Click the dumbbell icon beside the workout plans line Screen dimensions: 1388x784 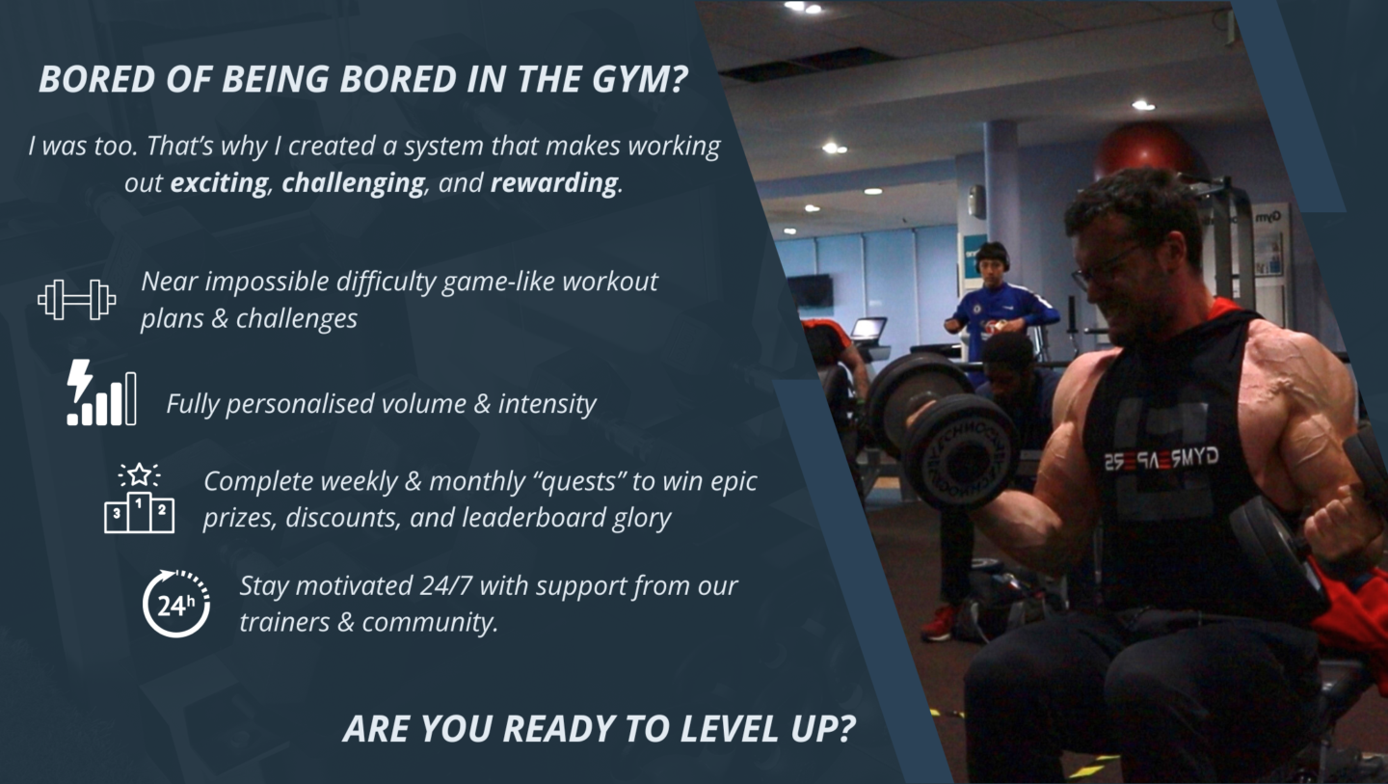(77, 300)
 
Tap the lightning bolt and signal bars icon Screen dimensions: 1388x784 (101, 392)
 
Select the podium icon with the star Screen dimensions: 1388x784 (140, 499)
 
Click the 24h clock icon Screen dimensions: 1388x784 (176, 604)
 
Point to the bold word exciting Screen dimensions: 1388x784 (220, 183)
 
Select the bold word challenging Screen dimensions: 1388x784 (353, 183)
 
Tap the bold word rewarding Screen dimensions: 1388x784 (554, 183)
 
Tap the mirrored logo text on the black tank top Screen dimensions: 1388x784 (1161, 459)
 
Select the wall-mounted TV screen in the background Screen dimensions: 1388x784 (811, 291)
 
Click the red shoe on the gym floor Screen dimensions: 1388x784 (938, 623)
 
